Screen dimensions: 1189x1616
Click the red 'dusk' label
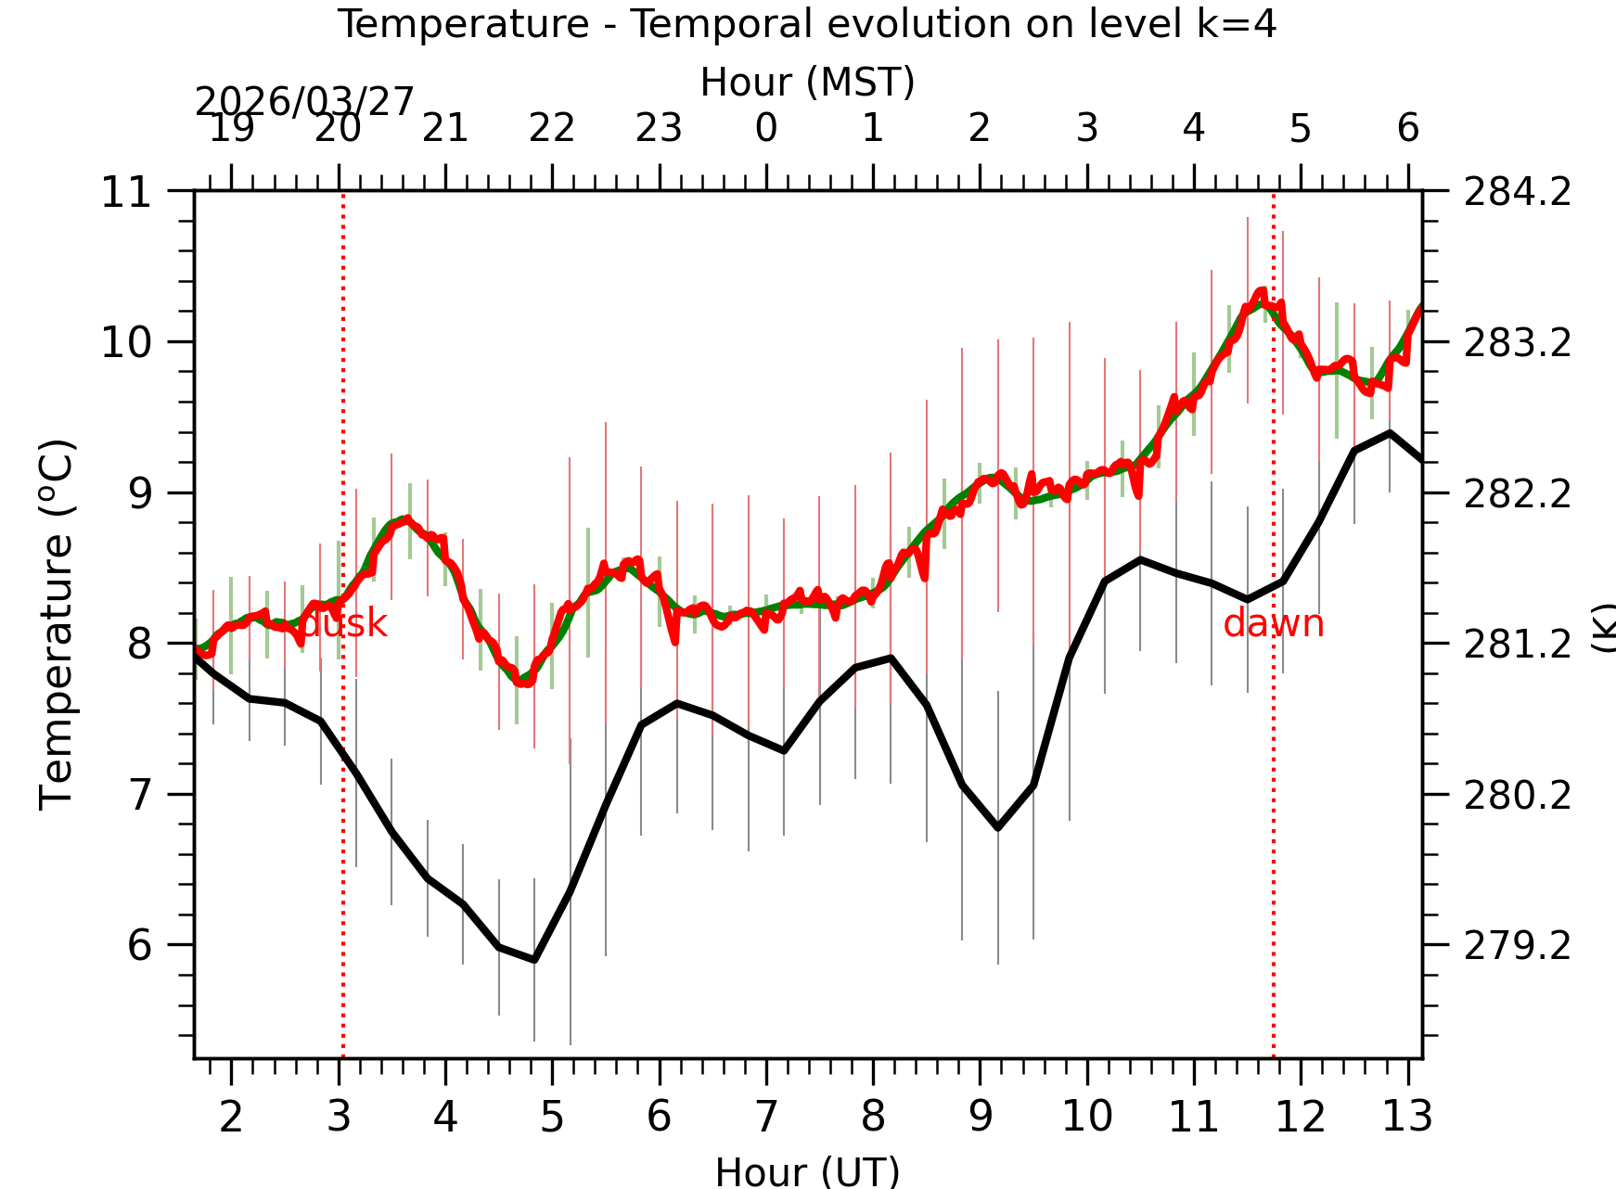(344, 624)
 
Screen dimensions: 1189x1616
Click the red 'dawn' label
(1273, 624)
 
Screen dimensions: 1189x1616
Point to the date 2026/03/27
(303, 102)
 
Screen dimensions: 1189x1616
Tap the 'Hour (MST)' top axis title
(807, 82)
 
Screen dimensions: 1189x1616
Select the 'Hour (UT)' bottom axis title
(807, 1171)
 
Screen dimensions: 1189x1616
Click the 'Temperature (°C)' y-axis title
(57, 625)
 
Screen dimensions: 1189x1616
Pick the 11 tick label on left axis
(125, 193)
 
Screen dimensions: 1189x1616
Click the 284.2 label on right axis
(1517, 193)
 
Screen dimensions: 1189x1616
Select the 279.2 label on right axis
(1517, 946)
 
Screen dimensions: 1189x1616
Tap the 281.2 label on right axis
(1517, 645)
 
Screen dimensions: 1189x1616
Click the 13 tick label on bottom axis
(1407, 1116)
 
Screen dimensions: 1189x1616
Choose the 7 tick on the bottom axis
(766, 1116)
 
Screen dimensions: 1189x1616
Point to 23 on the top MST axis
(659, 128)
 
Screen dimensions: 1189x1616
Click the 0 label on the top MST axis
(766, 128)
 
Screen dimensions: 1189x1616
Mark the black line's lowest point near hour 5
(534, 960)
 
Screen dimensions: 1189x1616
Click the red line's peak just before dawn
(1261, 292)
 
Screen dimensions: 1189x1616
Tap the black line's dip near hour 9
(997, 827)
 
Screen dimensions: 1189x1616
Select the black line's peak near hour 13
(1390, 432)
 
